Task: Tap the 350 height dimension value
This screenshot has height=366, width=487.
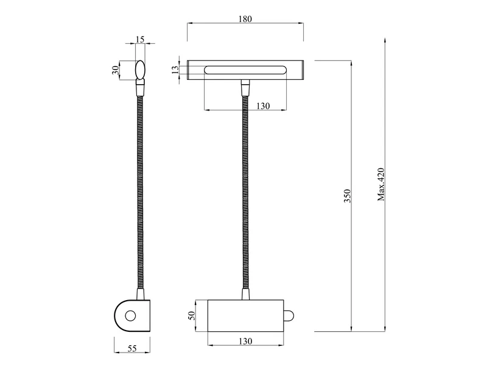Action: tap(347, 195)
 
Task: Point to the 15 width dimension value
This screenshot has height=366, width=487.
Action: tap(140, 40)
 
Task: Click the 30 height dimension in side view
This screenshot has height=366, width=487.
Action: tap(116, 70)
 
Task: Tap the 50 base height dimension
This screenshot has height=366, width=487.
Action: tap(191, 315)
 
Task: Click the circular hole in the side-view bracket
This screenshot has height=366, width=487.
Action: tap(130, 316)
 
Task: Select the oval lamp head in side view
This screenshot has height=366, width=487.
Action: tap(140, 70)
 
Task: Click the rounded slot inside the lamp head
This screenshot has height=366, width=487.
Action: tap(245, 69)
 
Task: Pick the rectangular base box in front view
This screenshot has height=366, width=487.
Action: tap(245, 315)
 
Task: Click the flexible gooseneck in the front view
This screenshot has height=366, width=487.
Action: tap(245, 195)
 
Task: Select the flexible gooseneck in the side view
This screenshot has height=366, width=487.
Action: tap(139, 195)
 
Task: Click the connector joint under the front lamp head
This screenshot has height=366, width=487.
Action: tap(245, 89)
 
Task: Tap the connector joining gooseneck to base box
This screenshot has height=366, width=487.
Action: tap(245, 295)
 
